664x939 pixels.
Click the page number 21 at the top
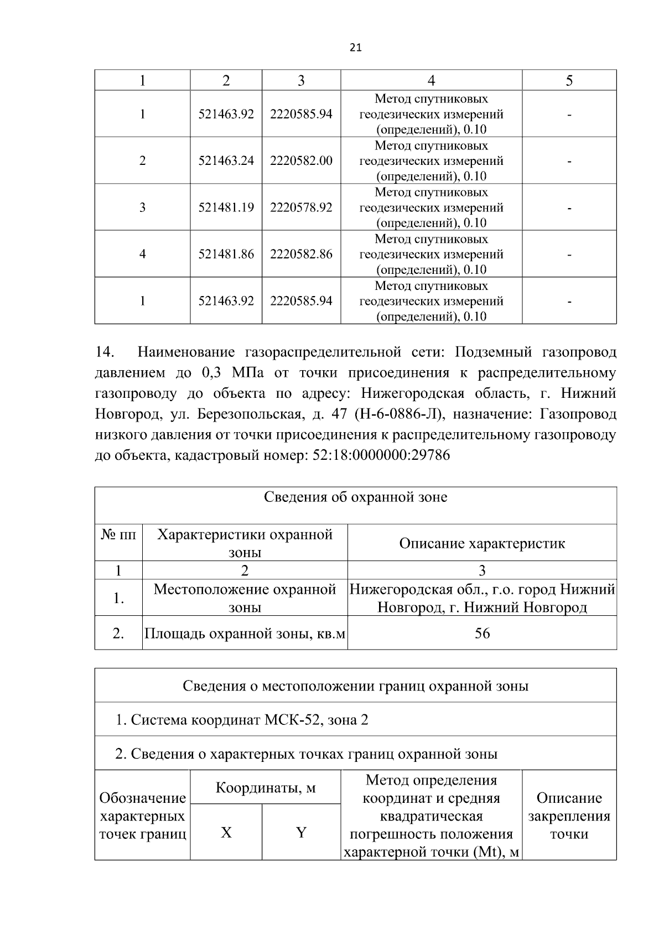[356, 48]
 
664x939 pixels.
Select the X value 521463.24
[226, 161]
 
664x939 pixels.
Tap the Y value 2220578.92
[301, 207]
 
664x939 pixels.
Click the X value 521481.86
[226, 255]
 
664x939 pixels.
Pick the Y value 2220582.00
[301, 161]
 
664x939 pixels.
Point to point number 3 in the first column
[142, 207]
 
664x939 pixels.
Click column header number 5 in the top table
[569, 81]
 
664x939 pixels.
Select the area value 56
[482, 634]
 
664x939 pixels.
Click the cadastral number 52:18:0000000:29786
[381, 455]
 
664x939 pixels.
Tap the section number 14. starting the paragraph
[105, 352]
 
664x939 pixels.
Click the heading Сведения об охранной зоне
[355, 497]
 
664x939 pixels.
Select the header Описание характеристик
[482, 543]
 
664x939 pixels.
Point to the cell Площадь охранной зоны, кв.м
[245, 634]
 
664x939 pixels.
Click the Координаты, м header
[265, 787]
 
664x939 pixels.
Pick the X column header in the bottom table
[226, 833]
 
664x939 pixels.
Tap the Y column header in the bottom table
[301, 833]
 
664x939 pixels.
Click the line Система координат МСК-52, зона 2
[242, 720]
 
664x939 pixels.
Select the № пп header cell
[118, 535]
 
